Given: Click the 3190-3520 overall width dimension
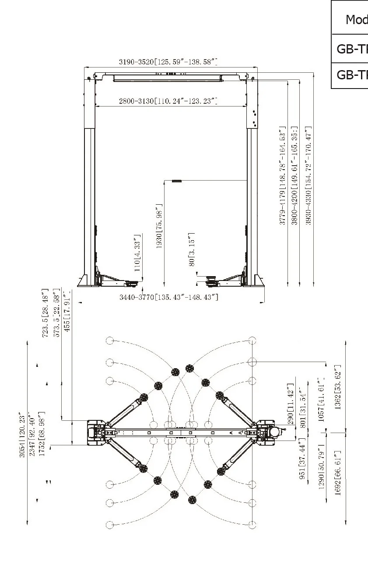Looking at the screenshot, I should tap(168, 62).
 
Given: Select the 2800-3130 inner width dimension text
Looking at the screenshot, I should tap(168, 101).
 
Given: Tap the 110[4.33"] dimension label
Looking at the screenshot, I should tap(137, 253).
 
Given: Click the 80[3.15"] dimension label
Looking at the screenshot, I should tap(192, 249).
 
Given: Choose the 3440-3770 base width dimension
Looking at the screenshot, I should tap(169, 298).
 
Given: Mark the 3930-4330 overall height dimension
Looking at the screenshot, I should tap(309, 176).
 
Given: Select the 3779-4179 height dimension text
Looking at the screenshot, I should tap(283, 176).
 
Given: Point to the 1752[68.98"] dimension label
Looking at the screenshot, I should tap(42, 434).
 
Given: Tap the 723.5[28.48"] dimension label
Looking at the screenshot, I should tap(45, 313).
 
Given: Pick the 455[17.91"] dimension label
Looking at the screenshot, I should tap(67, 311).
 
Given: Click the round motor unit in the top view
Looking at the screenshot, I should tap(275, 432).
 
